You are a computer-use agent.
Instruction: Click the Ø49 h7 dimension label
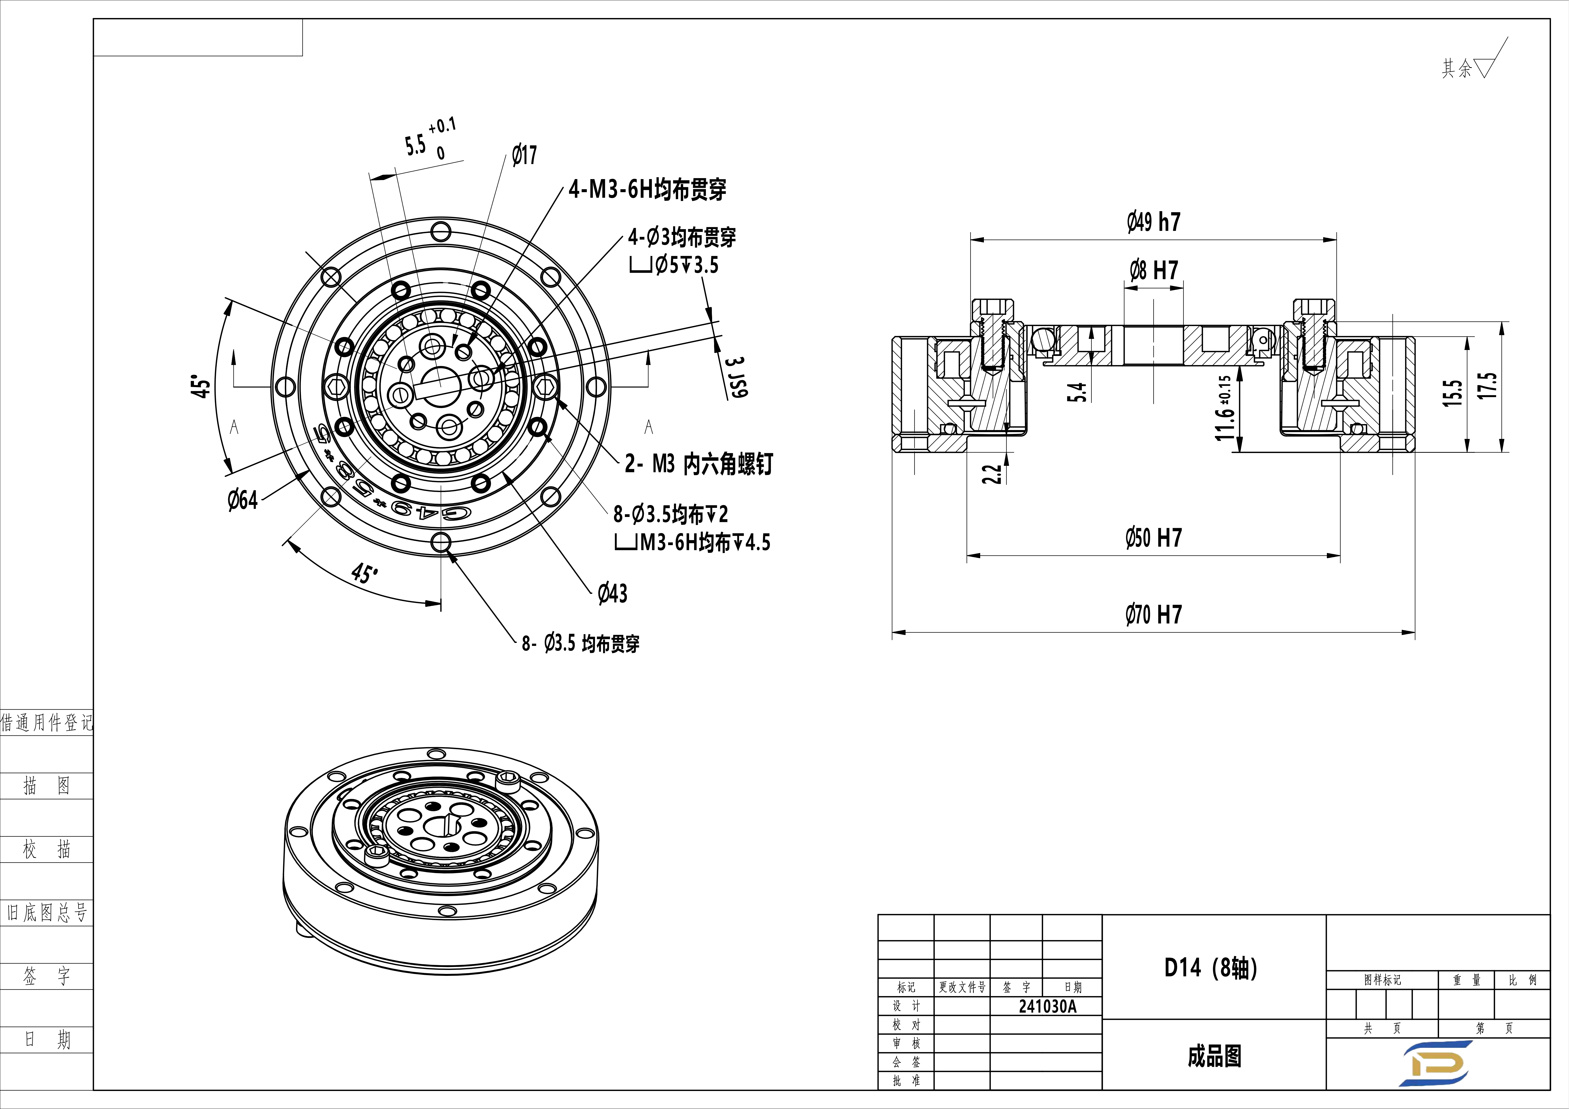coord(1153,222)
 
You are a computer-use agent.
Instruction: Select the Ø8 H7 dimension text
coord(1153,271)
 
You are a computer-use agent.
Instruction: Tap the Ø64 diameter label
coord(243,500)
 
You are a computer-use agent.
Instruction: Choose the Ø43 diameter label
coord(612,593)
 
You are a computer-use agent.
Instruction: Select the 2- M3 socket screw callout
coord(699,464)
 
